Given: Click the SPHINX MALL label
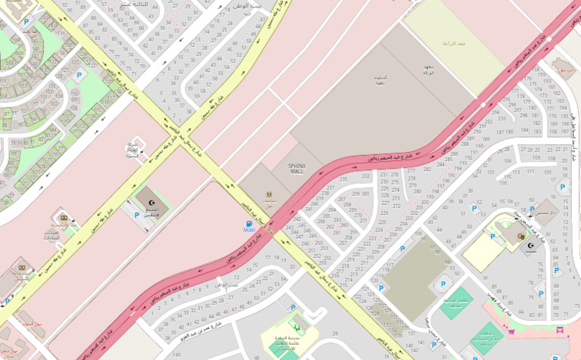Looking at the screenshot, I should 296,168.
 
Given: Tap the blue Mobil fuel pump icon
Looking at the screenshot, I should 248,224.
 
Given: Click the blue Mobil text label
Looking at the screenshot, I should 248,232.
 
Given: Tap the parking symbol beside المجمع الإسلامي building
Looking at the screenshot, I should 136,215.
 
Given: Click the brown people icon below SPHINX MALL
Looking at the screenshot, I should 269,194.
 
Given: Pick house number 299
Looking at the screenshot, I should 356,194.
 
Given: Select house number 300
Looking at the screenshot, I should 367,194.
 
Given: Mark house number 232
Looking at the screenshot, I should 366,176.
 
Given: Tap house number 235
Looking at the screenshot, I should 343,179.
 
